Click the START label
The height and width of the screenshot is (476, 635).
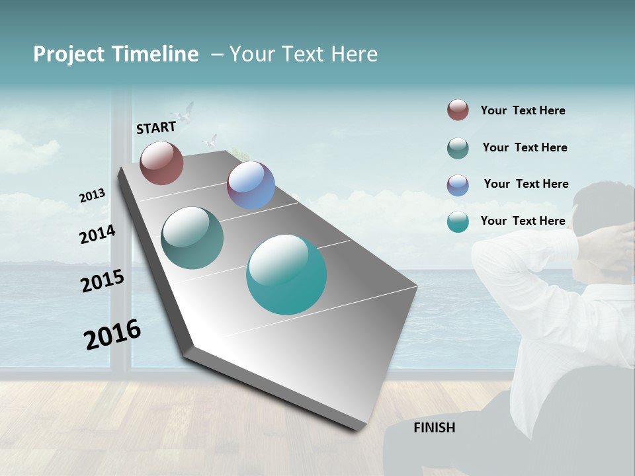click(x=156, y=127)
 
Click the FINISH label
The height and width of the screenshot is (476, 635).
click(x=434, y=428)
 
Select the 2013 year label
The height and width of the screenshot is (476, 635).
click(x=92, y=196)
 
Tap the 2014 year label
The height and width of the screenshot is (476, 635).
click(x=97, y=234)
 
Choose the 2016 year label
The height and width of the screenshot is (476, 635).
click(x=112, y=334)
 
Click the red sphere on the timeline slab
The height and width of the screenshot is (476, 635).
click(x=161, y=163)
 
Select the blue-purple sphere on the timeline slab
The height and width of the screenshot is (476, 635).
click(x=251, y=185)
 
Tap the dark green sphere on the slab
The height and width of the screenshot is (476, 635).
click(x=192, y=238)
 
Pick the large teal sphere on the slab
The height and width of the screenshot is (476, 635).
click(x=286, y=274)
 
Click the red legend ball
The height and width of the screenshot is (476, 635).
click(x=458, y=110)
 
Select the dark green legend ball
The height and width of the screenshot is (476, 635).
click(x=458, y=148)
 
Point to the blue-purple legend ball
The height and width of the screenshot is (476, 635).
click(x=458, y=185)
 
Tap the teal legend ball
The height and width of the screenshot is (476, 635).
click(x=458, y=221)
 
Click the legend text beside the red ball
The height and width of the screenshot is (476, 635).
click(x=523, y=110)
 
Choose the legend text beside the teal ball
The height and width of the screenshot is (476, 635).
click(x=523, y=221)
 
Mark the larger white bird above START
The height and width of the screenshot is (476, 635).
click(x=185, y=112)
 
